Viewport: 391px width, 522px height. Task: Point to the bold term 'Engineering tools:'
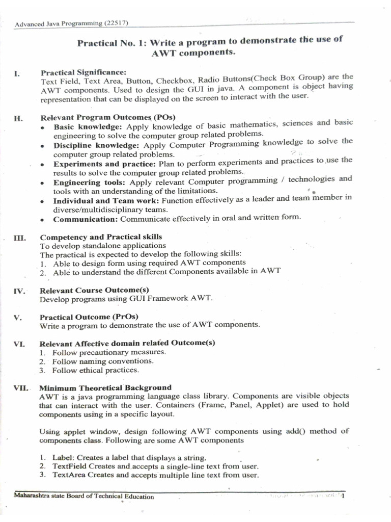[x=90, y=182]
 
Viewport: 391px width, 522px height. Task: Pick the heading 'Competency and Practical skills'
[x=101, y=237]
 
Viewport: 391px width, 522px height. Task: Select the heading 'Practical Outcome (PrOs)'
[x=89, y=317]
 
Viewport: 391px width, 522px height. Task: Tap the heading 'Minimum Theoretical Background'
[x=105, y=387]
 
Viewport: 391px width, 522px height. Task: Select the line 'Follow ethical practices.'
[x=95, y=370]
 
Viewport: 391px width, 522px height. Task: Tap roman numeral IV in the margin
[x=19, y=292]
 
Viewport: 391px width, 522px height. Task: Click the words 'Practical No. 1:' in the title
[x=105, y=44]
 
